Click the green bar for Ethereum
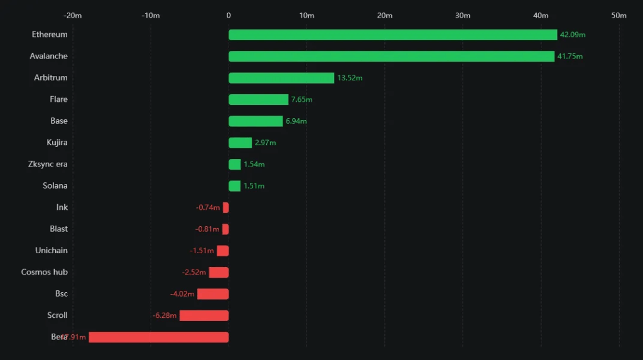pos(392,35)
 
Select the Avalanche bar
pos(391,57)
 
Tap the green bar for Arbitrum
pos(281,78)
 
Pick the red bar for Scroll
pos(204,315)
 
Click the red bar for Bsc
pos(213,294)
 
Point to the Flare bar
pos(258,99)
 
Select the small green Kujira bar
pos(240,143)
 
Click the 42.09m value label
pos(573,35)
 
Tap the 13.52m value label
pos(350,78)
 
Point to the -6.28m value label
pos(165,315)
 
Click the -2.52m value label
pos(194,272)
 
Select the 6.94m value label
pos(296,121)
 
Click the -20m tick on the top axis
pos(73,16)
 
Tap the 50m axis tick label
pos(619,16)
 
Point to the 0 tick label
pos(229,16)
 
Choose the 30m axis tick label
pos(463,16)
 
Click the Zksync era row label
pos(48,165)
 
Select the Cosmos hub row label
pos(45,272)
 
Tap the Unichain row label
pos(51,251)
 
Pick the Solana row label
pos(55,186)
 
